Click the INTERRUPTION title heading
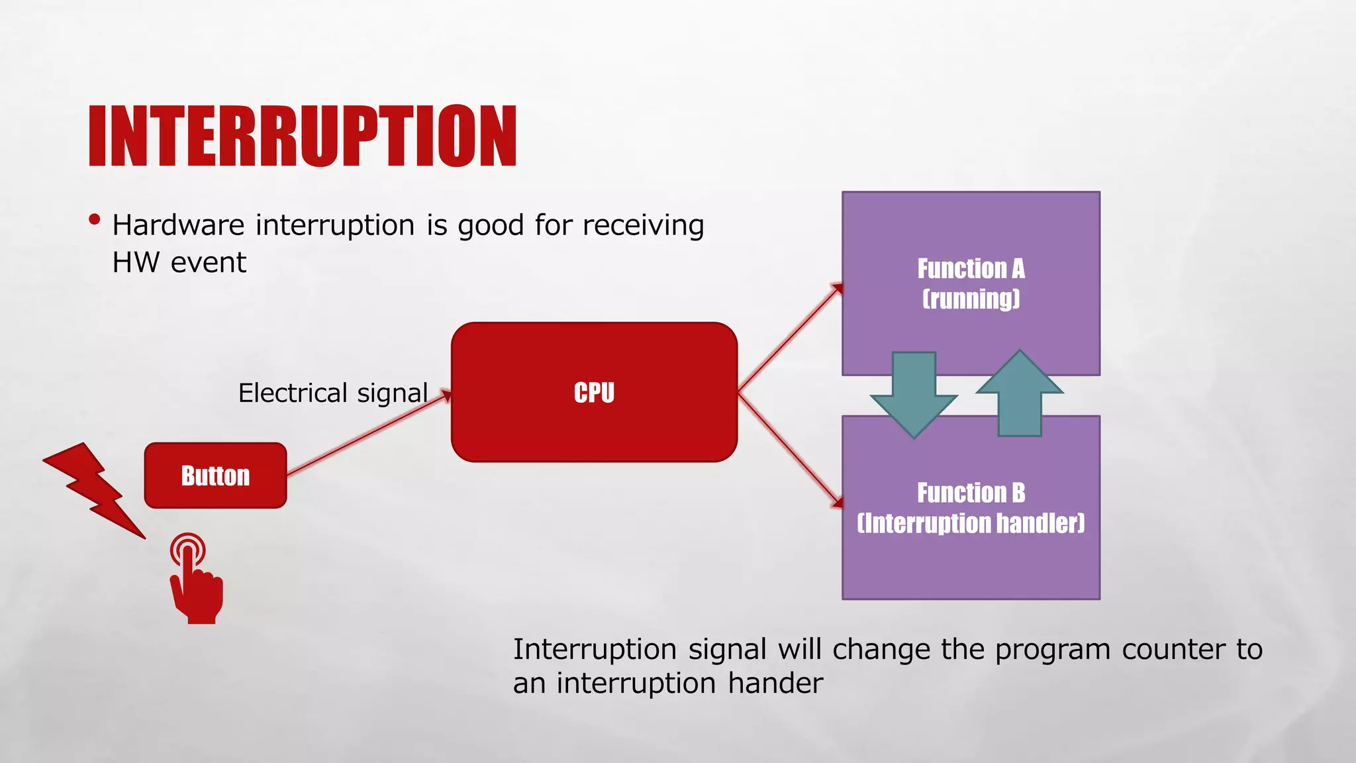point(303,136)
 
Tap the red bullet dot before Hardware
point(95,219)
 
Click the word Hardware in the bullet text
point(179,225)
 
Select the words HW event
point(179,263)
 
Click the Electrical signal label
point(333,393)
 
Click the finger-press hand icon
point(196,583)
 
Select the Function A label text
point(971,269)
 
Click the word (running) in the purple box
point(971,299)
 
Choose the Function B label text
point(971,493)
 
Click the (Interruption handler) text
point(971,523)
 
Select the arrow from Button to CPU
point(368,434)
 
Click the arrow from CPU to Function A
point(789,338)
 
